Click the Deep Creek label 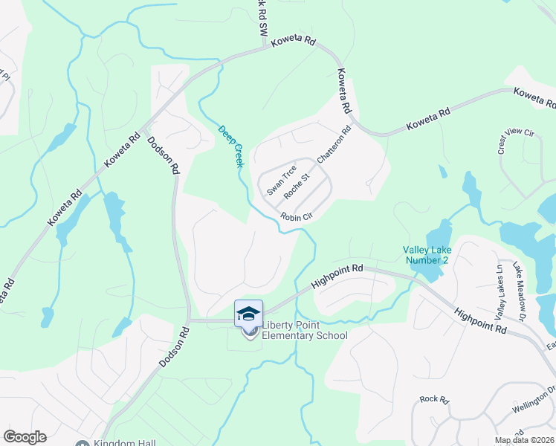pos(230,146)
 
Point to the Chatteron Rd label pos(334,146)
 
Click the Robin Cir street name pos(295,217)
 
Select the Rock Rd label pos(434,399)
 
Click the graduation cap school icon pos(248,314)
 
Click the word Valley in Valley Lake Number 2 pos(416,250)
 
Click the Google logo pos(25,437)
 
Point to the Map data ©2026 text pos(524,440)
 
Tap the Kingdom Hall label pos(125,444)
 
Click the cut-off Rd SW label pos(262,15)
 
